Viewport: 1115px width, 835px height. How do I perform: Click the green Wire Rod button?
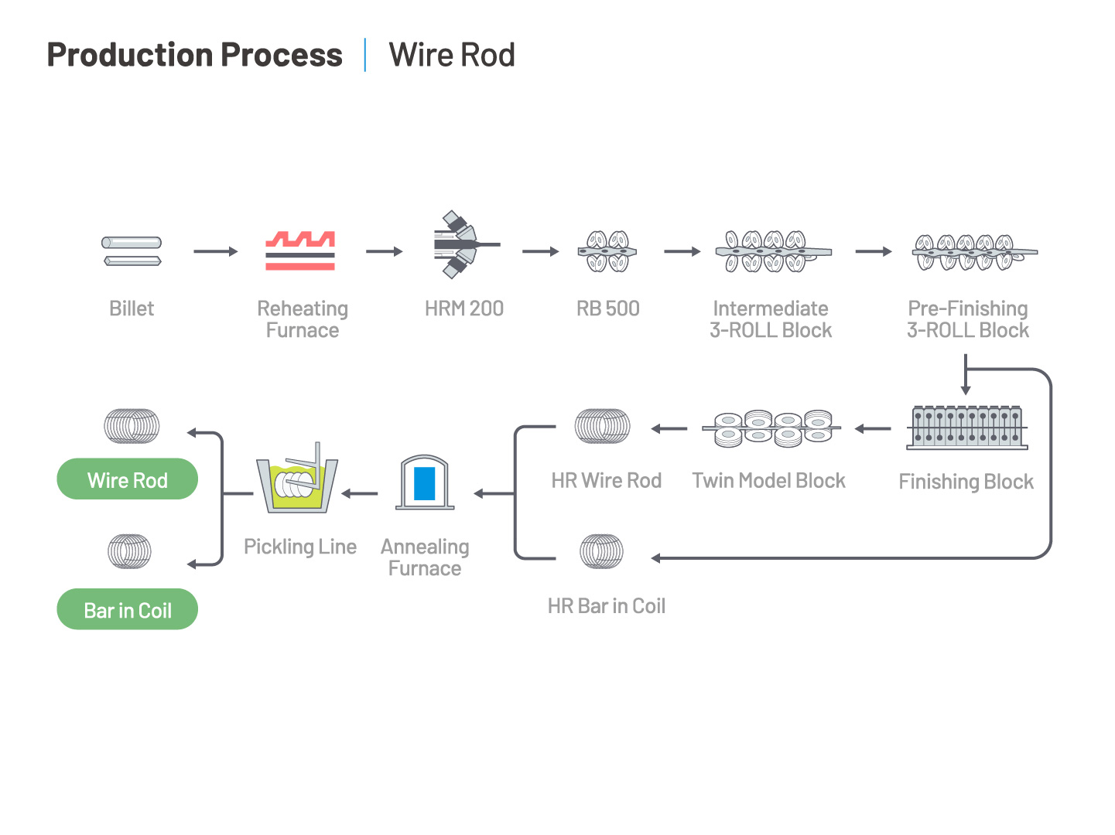click(x=127, y=479)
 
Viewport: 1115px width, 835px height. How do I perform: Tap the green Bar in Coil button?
click(x=127, y=609)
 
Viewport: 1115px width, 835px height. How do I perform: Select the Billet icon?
click(x=132, y=250)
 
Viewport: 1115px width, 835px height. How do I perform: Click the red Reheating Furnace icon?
click(x=300, y=250)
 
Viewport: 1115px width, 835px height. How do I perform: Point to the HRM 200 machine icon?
click(x=465, y=244)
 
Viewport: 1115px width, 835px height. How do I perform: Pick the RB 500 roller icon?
click(x=607, y=251)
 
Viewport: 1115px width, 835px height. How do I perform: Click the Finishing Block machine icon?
click(x=966, y=428)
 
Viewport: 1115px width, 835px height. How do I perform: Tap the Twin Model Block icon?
click(x=771, y=428)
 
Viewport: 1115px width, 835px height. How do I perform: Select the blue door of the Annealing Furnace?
click(x=424, y=483)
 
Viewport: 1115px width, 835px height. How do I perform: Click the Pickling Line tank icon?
click(x=297, y=478)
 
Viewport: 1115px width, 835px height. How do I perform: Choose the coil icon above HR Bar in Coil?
click(x=601, y=551)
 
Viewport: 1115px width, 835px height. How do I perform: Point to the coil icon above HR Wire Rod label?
click(x=603, y=426)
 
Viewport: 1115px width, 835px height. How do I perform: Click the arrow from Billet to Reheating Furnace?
click(x=215, y=251)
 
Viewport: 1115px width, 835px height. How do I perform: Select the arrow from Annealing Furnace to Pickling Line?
click(x=360, y=493)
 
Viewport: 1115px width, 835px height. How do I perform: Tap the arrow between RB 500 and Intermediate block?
click(x=682, y=251)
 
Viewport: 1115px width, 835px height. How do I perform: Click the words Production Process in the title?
click(x=194, y=55)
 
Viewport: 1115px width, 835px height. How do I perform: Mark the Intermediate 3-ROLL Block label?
click(x=771, y=319)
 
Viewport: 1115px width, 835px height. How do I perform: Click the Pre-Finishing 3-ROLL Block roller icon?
click(x=975, y=252)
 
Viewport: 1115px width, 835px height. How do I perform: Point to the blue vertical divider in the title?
click(x=364, y=55)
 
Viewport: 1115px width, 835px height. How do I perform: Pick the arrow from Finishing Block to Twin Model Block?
click(x=873, y=429)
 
